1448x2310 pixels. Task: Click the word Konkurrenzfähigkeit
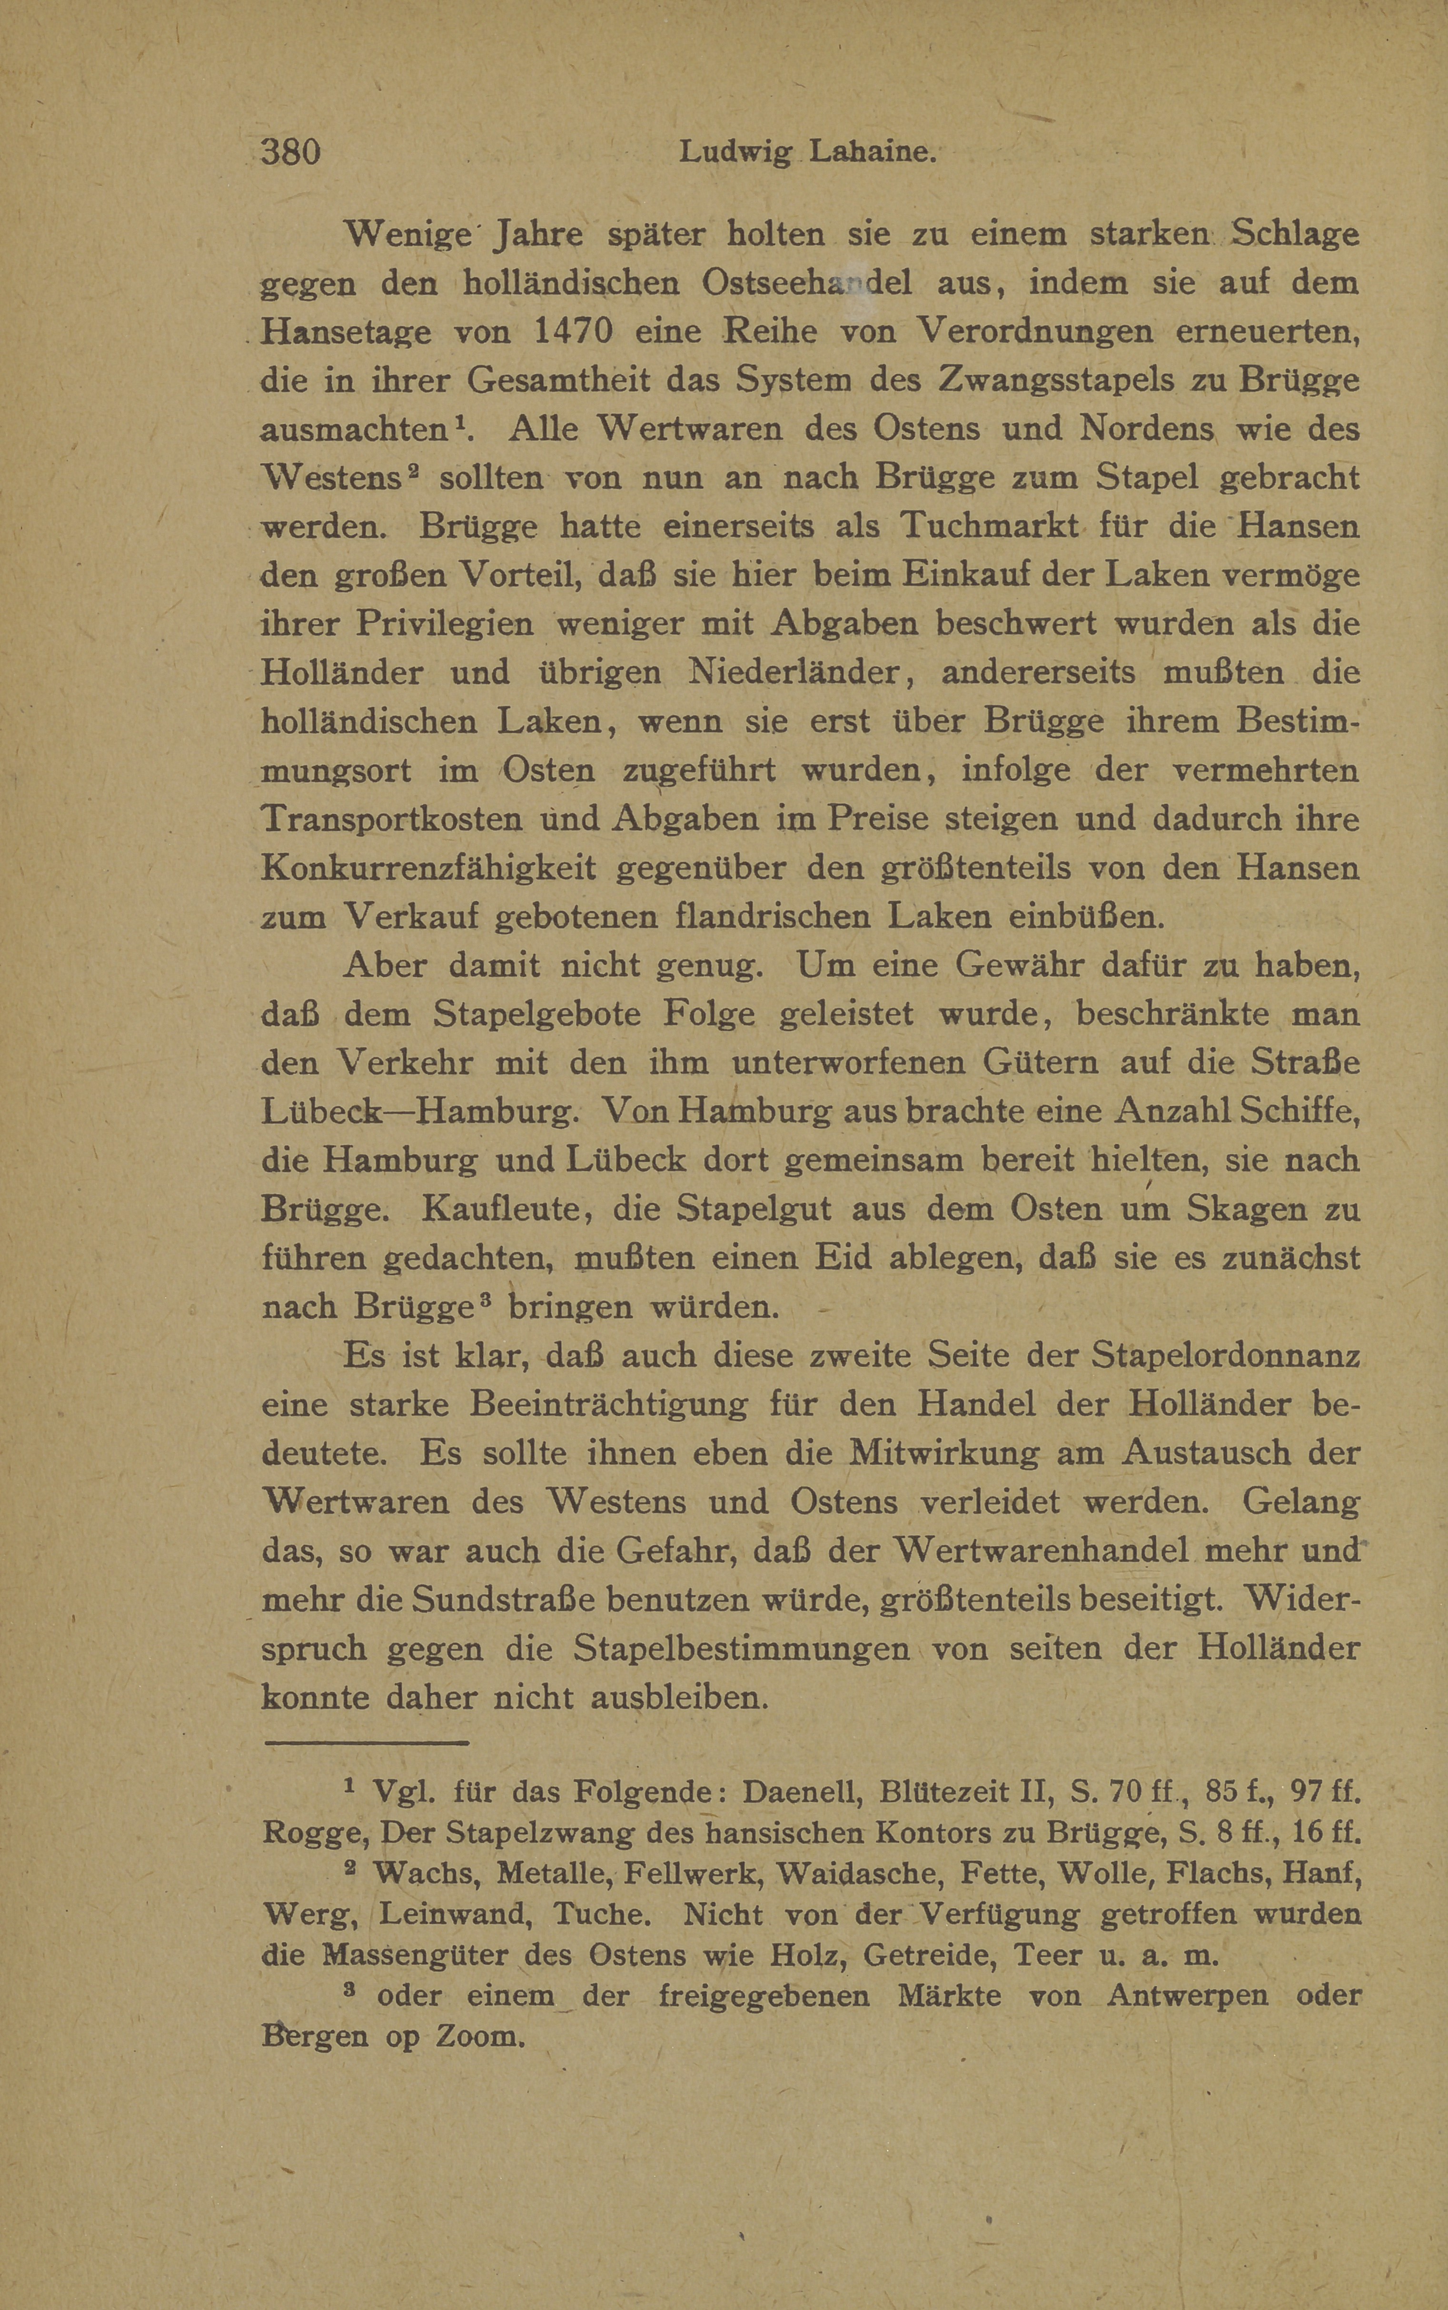428,869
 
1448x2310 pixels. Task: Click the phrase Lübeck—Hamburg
417,1111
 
